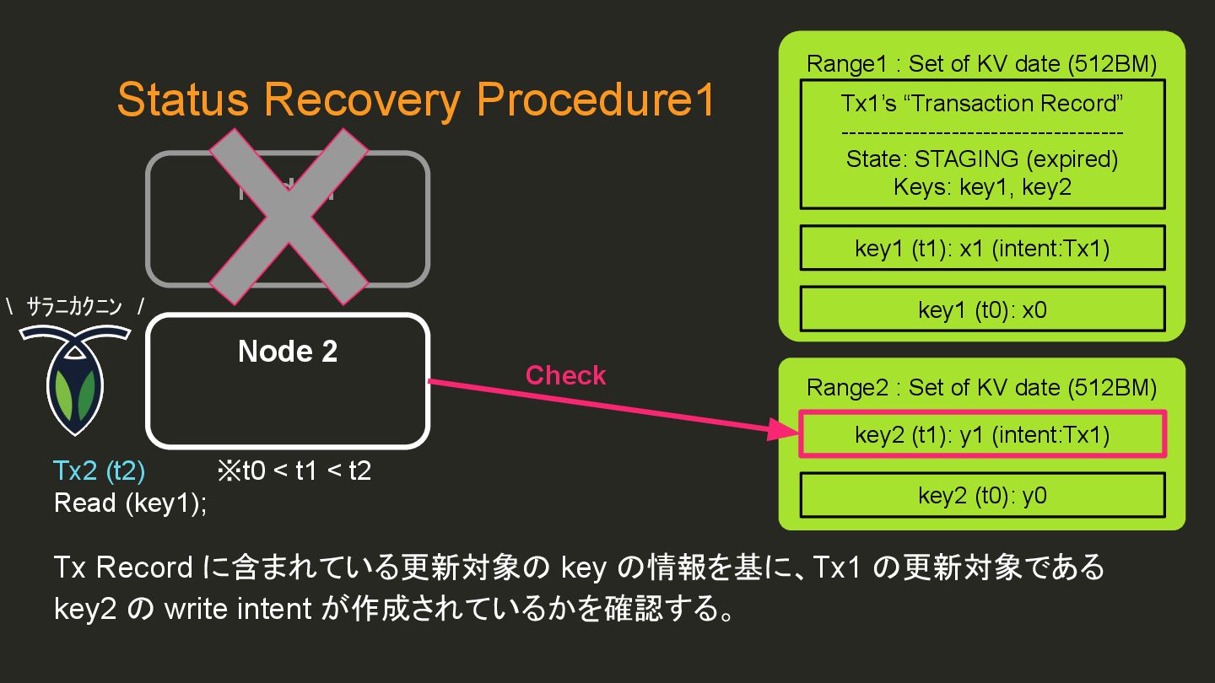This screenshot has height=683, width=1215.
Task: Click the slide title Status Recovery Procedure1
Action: (416, 100)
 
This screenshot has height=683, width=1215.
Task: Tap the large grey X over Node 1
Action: (289, 216)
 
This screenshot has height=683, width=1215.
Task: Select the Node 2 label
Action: (288, 352)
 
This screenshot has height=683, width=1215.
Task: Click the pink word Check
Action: (565, 375)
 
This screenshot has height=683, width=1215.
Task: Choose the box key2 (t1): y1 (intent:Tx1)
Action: (982, 434)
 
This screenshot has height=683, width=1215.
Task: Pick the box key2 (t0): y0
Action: (982, 495)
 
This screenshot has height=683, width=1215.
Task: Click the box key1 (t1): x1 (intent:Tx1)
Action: (982, 249)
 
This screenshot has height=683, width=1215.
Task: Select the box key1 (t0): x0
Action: (982, 309)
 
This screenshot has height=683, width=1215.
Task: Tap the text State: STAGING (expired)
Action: (982, 159)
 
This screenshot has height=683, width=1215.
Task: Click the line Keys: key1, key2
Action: (982, 186)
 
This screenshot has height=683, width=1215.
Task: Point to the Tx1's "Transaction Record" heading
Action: (982, 104)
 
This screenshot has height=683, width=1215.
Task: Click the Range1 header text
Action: (982, 63)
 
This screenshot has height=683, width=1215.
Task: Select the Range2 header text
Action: (982, 387)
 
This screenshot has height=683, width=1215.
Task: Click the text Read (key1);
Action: (130, 503)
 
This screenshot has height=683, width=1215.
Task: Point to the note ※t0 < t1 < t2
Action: (294, 470)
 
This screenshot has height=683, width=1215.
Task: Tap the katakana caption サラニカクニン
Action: (75, 308)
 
